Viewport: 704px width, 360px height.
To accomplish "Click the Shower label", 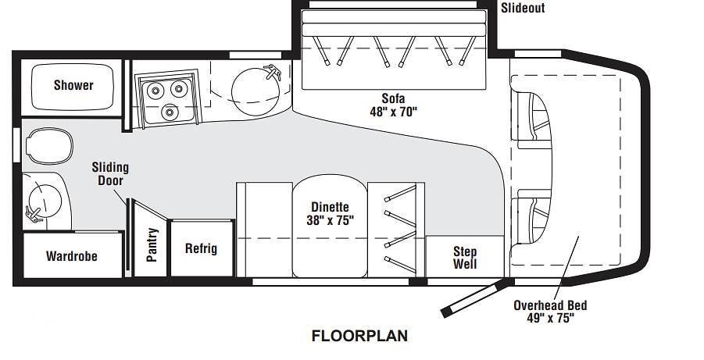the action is pyautogui.click(x=73, y=85).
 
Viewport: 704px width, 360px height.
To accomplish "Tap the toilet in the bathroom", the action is pyautogui.click(x=49, y=146).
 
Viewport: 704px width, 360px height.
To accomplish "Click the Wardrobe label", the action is pyautogui.click(x=72, y=256).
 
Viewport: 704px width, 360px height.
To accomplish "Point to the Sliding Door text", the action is pyautogui.click(x=110, y=173).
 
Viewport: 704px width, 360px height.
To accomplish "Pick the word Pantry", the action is pyautogui.click(x=152, y=244).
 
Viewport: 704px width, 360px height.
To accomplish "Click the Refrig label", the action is pyautogui.click(x=201, y=248).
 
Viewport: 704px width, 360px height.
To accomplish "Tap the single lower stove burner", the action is pyautogui.click(x=170, y=112).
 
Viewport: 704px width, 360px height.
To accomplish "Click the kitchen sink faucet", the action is pyautogui.click(x=273, y=72).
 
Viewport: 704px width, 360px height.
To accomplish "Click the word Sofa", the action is pyautogui.click(x=393, y=98).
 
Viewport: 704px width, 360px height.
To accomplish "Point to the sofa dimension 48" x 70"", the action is pyautogui.click(x=393, y=112).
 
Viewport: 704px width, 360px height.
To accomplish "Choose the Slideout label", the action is pyautogui.click(x=523, y=8).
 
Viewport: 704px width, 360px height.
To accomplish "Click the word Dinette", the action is pyautogui.click(x=330, y=207).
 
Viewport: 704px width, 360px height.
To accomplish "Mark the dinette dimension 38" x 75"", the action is pyautogui.click(x=330, y=220).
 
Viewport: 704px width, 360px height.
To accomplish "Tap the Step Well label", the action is pyautogui.click(x=465, y=257).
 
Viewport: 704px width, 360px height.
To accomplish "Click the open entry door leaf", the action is pyautogui.click(x=477, y=298).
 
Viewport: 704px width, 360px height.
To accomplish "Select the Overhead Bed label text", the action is pyautogui.click(x=550, y=305).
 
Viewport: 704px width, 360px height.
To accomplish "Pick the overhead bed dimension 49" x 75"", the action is pyautogui.click(x=550, y=319).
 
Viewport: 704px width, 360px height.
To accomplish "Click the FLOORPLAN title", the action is pyautogui.click(x=359, y=336).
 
